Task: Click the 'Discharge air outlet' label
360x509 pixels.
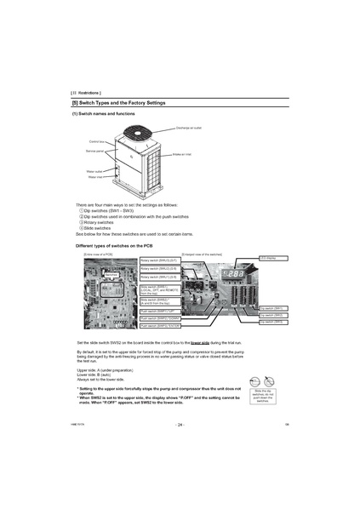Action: pos(188,127)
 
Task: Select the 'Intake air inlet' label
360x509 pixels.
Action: pos(185,154)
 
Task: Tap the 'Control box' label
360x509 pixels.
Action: pos(96,141)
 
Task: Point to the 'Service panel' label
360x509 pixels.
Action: pos(94,150)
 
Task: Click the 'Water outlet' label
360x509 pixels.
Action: pos(94,171)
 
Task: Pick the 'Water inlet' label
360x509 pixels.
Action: pos(94,177)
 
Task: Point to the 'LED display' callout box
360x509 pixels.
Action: pos(271,257)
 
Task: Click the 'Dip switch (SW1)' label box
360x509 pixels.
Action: pos(271,308)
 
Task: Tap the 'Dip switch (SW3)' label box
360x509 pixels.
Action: pos(271,323)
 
